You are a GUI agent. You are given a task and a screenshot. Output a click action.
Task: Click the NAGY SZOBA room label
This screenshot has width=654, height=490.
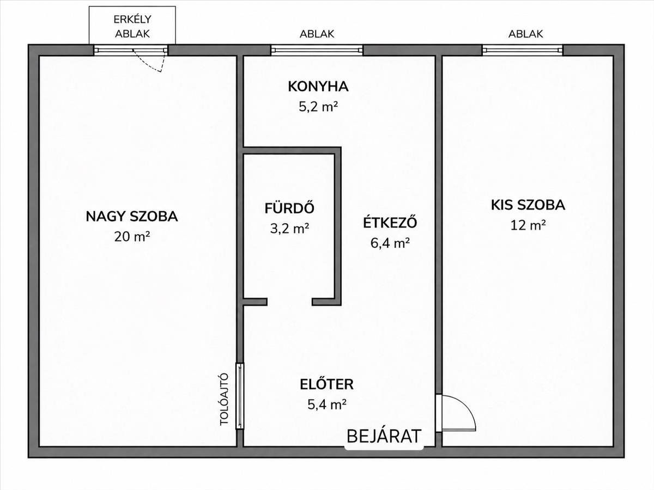132,217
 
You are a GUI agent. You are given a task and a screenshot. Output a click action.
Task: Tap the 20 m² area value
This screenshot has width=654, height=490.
132,237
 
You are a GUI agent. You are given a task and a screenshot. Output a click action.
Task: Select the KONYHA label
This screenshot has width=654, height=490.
318,87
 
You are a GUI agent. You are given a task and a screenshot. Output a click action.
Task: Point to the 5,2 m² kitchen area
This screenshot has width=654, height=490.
318,107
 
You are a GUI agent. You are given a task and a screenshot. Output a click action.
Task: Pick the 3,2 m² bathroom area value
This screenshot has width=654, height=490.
289,229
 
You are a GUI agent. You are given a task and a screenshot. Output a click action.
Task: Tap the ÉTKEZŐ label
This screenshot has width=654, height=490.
390,222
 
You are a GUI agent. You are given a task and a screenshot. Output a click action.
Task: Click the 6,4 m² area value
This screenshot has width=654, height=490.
390,243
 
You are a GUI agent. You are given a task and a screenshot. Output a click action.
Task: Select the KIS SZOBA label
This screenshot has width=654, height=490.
528,205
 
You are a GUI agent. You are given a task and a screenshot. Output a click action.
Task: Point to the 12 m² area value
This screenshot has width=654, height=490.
528,225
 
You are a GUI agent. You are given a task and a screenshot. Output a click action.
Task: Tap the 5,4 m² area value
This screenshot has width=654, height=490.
327,405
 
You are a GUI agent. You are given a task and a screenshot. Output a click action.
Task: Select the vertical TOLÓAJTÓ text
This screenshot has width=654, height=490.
224,399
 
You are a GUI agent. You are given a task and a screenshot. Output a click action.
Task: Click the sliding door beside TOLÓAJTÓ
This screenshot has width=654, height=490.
240,396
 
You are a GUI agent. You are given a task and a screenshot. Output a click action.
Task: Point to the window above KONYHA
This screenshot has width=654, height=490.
317,50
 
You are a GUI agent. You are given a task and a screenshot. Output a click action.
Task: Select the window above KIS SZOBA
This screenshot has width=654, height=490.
523,50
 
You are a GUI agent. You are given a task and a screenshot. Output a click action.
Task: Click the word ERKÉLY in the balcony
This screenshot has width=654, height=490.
132,20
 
